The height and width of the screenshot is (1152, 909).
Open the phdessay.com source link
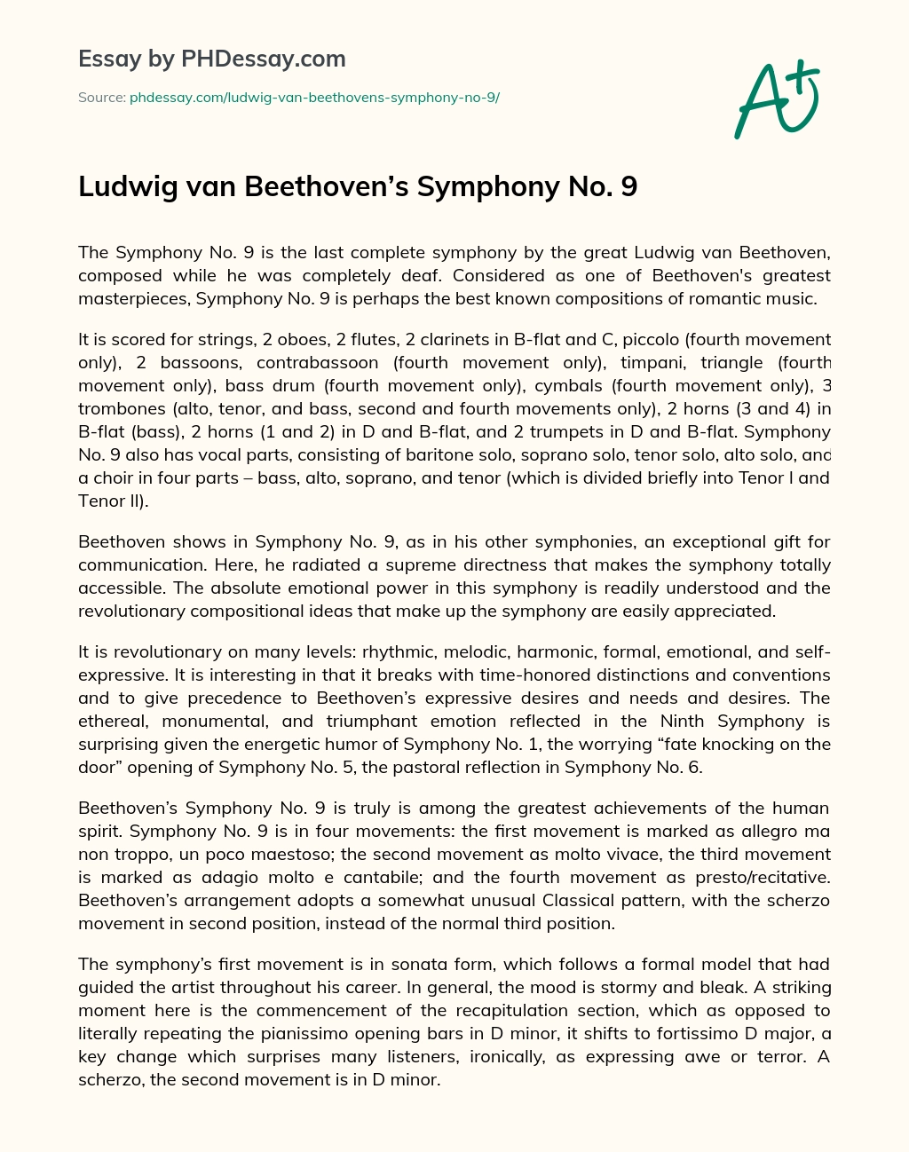point(314,97)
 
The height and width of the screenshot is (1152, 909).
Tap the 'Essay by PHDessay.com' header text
point(212,59)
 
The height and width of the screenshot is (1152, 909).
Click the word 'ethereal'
point(108,722)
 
